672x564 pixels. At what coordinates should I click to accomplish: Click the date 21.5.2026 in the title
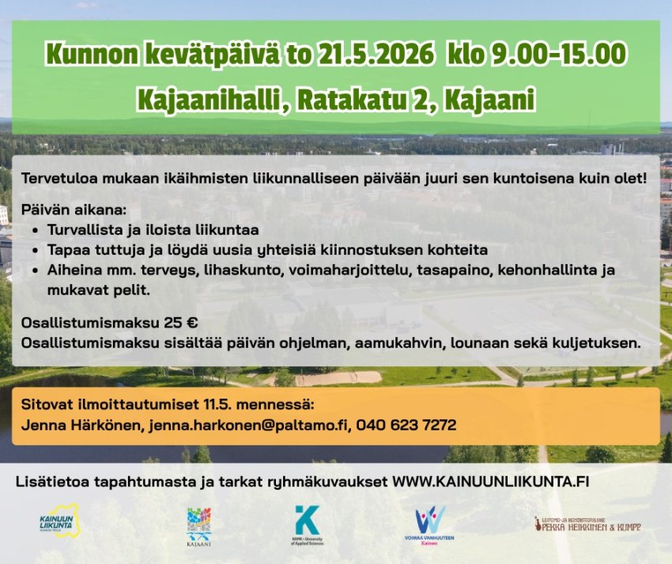[378, 55]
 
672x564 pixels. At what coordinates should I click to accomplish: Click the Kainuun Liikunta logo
[58, 523]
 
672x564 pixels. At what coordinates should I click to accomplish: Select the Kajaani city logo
[198, 525]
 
